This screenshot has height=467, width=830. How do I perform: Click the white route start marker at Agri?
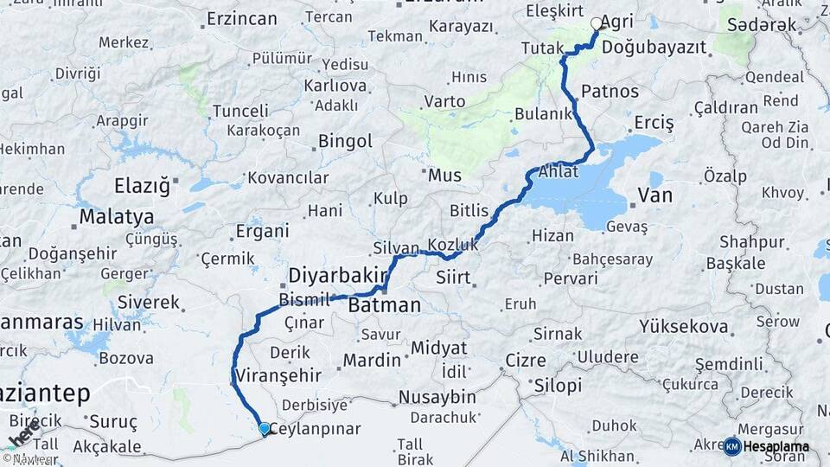[x=596, y=24]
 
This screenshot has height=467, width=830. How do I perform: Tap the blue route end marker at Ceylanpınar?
[x=264, y=428]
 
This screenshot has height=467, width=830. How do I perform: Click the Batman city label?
[x=384, y=305]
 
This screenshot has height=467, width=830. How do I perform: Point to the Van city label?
[x=654, y=196]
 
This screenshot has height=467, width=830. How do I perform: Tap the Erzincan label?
[x=241, y=17]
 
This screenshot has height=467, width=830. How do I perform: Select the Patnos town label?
[x=610, y=92]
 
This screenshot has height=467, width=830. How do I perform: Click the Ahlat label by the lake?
[x=558, y=170]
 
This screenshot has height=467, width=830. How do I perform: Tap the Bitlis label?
[x=469, y=211]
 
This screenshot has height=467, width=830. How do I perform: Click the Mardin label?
[x=372, y=360]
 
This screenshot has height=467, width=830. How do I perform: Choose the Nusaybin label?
[x=437, y=398]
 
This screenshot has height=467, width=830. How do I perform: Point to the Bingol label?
[x=345, y=141]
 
